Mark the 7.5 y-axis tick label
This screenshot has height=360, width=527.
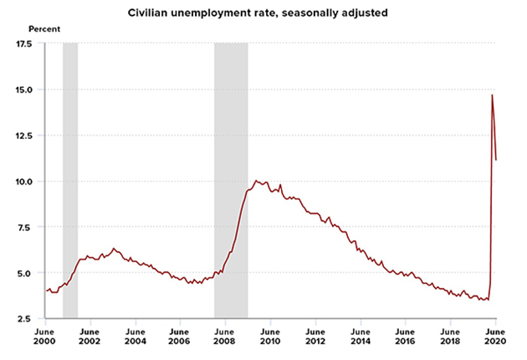(x=24, y=228)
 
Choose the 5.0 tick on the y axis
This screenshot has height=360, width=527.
(x=24, y=274)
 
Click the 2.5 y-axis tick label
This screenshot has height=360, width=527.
(x=24, y=320)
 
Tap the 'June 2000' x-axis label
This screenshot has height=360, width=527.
(x=45, y=337)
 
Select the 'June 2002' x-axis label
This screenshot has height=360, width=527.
(x=90, y=337)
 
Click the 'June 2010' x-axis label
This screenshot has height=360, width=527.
(x=270, y=337)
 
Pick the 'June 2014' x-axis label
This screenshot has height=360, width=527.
(x=361, y=337)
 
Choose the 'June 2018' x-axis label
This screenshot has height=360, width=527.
(x=450, y=337)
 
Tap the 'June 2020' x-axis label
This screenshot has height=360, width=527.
(x=495, y=337)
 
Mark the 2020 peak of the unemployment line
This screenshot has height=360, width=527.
(x=492, y=95)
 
